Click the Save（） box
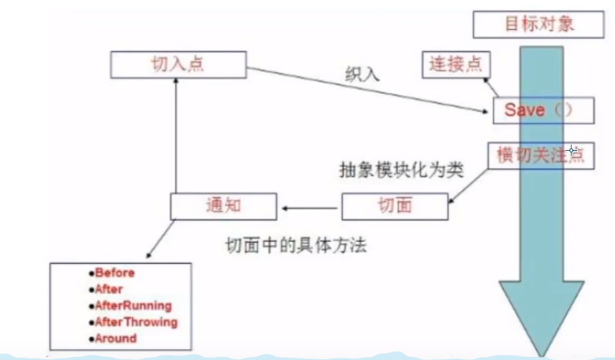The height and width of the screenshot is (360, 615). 543,111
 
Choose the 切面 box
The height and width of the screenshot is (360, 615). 394,206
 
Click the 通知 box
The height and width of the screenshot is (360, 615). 223,206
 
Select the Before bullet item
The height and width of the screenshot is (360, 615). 112,272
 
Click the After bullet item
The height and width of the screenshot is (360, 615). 107,289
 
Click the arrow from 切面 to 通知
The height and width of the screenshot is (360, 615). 310,208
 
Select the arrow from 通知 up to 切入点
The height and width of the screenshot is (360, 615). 176,134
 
